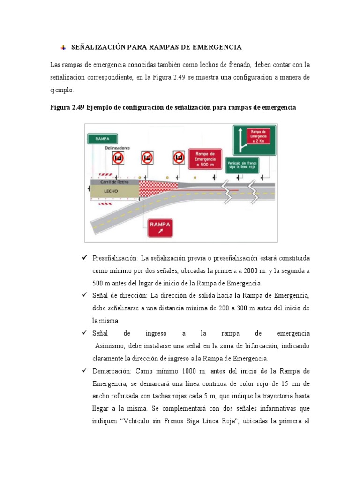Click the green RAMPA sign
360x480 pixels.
point(102,139)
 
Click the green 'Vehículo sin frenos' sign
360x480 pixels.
point(242,165)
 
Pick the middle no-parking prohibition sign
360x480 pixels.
point(147,158)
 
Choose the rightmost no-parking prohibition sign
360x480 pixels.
point(179,158)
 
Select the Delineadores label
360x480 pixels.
point(117,147)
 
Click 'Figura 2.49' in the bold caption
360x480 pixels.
point(67,107)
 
